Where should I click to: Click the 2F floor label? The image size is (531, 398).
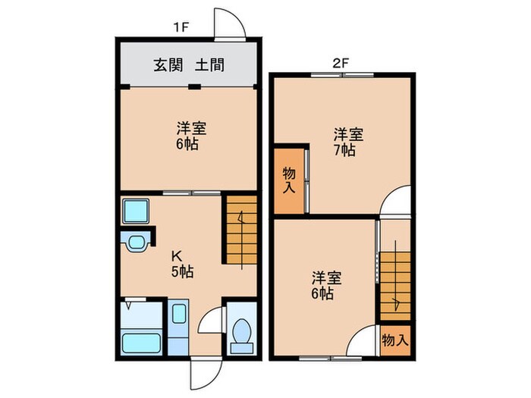[x=340, y=63]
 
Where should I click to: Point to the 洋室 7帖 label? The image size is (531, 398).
[x=348, y=142]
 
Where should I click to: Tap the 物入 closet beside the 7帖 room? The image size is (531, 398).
[x=289, y=180]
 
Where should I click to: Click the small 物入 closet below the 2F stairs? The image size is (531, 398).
[x=394, y=339]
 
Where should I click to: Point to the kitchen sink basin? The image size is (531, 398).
[x=137, y=243]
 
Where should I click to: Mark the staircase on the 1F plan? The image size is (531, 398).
[x=240, y=231]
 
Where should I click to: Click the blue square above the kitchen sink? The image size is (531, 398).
[x=135, y=210]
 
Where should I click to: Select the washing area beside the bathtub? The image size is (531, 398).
[x=180, y=326]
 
